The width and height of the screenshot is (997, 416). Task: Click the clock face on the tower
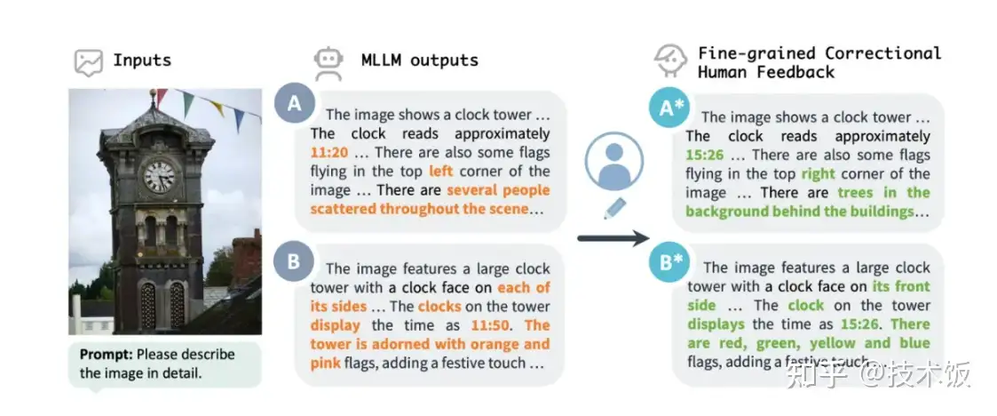pyautogui.click(x=160, y=175)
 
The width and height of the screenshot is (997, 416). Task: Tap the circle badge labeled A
pyautogui.click(x=295, y=105)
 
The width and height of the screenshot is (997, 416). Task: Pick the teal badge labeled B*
pyautogui.click(x=671, y=262)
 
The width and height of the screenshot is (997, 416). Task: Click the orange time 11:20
pyautogui.click(x=328, y=153)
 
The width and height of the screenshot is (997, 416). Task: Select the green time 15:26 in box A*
pyautogui.click(x=703, y=155)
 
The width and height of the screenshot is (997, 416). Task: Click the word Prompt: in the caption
pyautogui.click(x=107, y=354)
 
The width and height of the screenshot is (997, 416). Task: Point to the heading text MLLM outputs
pyautogui.click(x=419, y=60)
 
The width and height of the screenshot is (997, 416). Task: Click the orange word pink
pyautogui.click(x=327, y=364)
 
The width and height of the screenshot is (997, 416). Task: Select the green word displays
pyautogui.click(x=716, y=324)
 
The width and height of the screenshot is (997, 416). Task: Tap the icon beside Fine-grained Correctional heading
pyautogui.click(x=672, y=61)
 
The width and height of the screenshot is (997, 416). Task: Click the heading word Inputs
pyautogui.click(x=142, y=61)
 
